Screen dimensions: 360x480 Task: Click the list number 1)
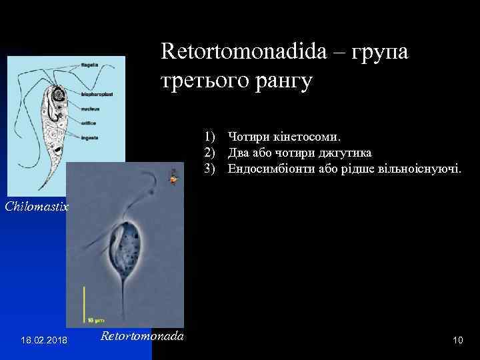tap(211, 137)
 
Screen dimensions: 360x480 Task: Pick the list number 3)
tap(211, 169)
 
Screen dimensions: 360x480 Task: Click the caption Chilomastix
tap(37, 207)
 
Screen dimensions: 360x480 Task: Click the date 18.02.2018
tap(43, 341)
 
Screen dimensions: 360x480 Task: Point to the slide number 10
tap(457, 341)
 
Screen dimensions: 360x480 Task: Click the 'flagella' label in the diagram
tap(90, 65)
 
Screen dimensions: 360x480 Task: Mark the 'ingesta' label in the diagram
tap(90, 137)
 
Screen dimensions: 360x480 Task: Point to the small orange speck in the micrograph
tap(174, 179)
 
